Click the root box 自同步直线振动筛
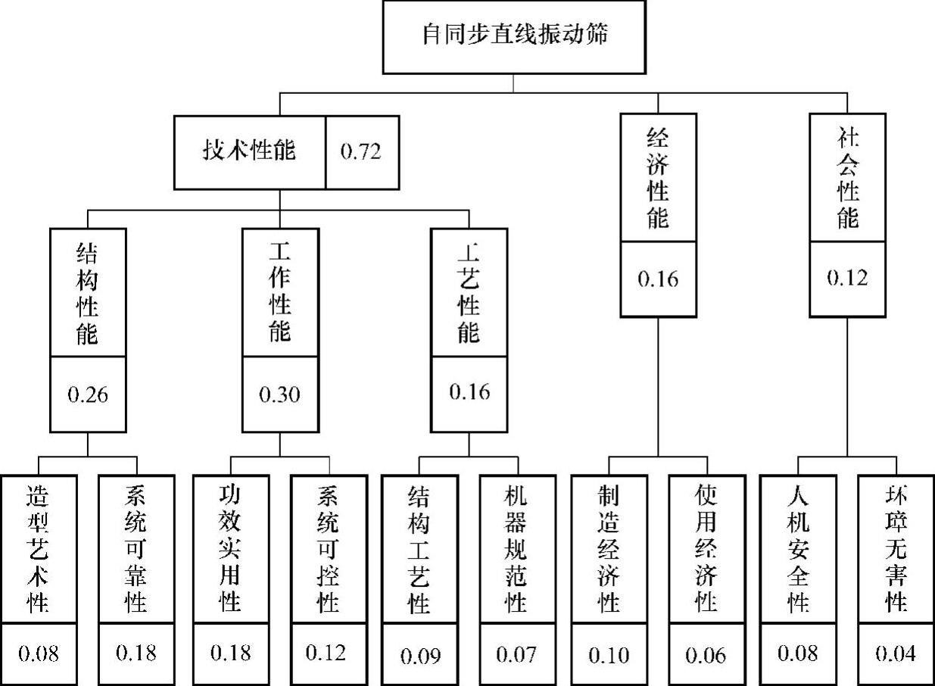514,36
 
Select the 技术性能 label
249,151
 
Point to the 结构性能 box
88,292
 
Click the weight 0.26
88,394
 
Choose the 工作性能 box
279,292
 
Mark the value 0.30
279,394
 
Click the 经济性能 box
658,178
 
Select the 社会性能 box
847,178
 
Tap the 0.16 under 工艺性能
469,392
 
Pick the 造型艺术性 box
38,549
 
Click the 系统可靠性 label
136,549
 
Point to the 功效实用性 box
230,549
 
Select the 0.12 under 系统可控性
328,653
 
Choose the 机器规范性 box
517,549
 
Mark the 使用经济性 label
706,549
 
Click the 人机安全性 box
798,549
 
